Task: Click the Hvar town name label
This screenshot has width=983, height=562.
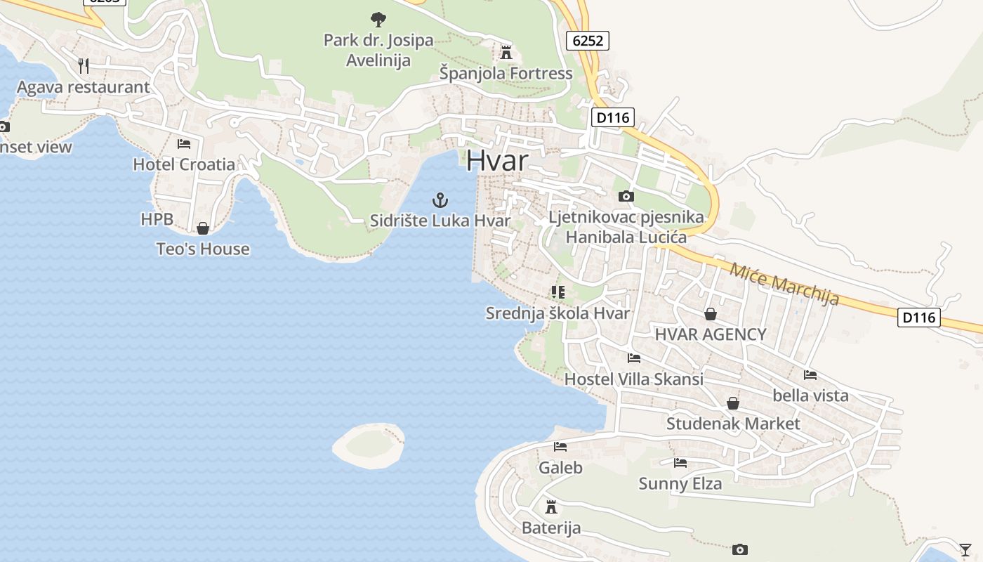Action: tap(496, 161)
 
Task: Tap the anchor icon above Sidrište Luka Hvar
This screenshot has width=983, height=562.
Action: tap(440, 200)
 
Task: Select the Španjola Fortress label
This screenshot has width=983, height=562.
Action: tap(506, 73)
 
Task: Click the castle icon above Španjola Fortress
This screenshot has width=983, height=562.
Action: tap(506, 52)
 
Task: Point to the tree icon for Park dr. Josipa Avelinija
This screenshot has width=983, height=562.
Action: tap(378, 19)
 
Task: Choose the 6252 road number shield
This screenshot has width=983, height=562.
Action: tap(588, 41)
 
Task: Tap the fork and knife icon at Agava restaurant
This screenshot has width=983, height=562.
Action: tap(84, 66)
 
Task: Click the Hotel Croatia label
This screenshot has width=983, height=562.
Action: tap(184, 164)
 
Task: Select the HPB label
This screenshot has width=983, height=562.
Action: tap(157, 219)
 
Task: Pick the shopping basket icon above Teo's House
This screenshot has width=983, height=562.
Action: tap(203, 228)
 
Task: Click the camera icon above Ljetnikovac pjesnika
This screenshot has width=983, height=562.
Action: tap(626, 196)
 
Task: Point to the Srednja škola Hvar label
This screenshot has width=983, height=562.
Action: tap(558, 313)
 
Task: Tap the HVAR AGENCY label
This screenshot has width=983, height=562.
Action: tap(710, 334)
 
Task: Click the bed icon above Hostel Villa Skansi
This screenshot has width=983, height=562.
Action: tap(634, 358)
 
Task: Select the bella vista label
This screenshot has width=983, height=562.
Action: tap(810, 396)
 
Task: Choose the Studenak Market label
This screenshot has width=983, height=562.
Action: tap(732, 424)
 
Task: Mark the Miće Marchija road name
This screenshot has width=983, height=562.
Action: tap(784, 283)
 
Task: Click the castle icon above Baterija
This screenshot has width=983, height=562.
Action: tap(551, 507)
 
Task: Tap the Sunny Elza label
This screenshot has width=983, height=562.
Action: tap(680, 483)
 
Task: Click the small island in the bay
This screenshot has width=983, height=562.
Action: tap(369, 445)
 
